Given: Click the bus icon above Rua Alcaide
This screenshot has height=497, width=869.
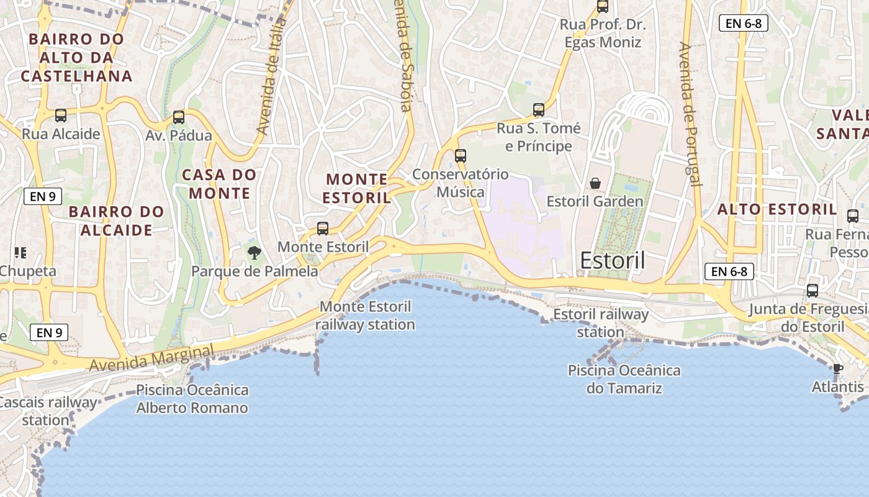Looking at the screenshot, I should pyautogui.click(x=61, y=115).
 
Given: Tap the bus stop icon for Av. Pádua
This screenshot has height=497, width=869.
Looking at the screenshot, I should pyautogui.click(x=179, y=117).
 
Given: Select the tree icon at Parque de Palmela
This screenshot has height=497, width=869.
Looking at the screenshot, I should pyautogui.click(x=254, y=252).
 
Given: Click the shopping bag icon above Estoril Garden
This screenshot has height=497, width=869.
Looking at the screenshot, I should pyautogui.click(x=595, y=183).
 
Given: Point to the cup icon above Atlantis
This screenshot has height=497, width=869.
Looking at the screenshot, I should pyautogui.click(x=837, y=369).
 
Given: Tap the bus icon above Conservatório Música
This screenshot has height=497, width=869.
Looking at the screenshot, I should pyautogui.click(x=461, y=155).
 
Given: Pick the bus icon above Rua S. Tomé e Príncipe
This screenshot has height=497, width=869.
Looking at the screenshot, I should pyautogui.click(x=539, y=110).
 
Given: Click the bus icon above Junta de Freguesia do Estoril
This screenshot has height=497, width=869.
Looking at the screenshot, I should pyautogui.click(x=813, y=290).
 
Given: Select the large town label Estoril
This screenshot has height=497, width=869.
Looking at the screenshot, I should pyautogui.click(x=613, y=261).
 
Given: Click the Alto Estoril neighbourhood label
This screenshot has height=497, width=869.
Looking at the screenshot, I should pyautogui.click(x=777, y=209).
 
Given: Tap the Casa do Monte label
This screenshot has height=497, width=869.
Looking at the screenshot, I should pyautogui.click(x=219, y=184).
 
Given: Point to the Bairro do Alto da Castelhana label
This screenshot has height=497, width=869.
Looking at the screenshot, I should pyautogui.click(x=76, y=58).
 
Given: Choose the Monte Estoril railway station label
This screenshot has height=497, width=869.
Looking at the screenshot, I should pyautogui.click(x=366, y=316).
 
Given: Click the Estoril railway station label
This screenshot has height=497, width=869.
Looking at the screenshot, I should pyautogui.click(x=600, y=323).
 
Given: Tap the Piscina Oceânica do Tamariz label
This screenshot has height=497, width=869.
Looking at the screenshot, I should pyautogui.click(x=624, y=380).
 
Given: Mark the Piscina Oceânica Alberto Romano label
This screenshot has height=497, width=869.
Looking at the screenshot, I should pyautogui.click(x=192, y=399).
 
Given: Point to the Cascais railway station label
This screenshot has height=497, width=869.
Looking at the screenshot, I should pyautogui.click(x=47, y=411).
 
